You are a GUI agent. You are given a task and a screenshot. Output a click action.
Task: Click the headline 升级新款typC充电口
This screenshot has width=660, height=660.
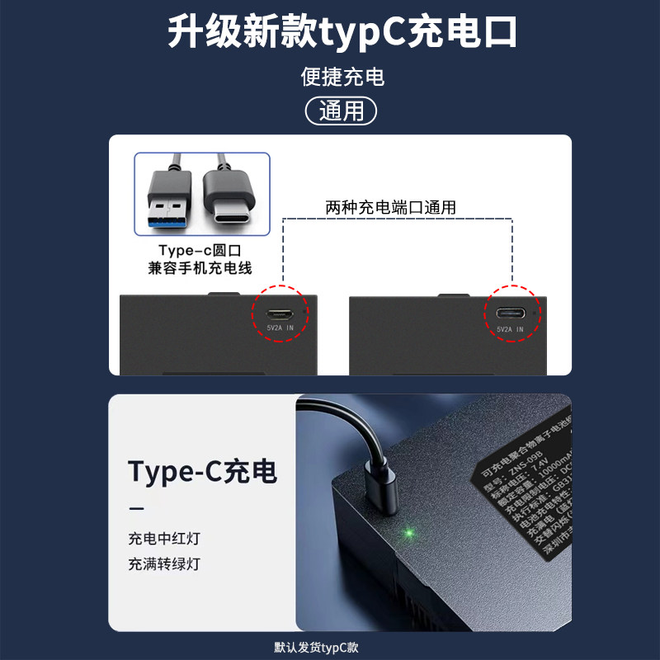click(x=342, y=33)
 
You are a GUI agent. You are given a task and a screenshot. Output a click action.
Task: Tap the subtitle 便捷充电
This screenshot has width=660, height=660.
click(x=342, y=78)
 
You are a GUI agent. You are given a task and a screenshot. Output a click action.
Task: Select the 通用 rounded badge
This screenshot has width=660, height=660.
click(x=341, y=110)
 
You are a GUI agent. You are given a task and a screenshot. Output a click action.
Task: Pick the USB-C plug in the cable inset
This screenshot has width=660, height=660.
click(x=233, y=199)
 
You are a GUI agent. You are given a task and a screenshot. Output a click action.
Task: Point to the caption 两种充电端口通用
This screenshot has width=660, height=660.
click(x=390, y=207)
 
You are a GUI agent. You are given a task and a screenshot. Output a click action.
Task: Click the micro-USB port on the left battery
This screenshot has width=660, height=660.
click(x=280, y=313)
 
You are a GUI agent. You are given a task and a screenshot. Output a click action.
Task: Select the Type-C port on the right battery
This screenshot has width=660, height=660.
click(x=510, y=313)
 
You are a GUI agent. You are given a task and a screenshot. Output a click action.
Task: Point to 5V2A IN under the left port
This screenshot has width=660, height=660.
click(x=279, y=328)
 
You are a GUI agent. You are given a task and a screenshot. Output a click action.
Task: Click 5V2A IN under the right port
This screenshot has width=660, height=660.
click(x=510, y=328)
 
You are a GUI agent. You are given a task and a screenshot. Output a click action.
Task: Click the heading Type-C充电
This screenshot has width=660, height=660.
click(x=202, y=471)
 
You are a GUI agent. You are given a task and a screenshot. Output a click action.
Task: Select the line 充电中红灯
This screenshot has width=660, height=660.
click(x=163, y=539)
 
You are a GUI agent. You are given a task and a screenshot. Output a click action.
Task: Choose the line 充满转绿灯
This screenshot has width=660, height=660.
click(x=163, y=564)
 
